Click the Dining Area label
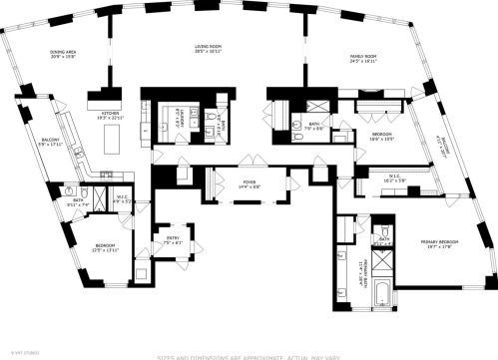[x=64, y=55]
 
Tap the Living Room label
[x=208, y=49]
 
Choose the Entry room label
[x=172, y=240]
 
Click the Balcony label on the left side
[x=50, y=142]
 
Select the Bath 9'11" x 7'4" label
[x=82, y=202]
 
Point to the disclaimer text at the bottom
[x=249, y=355]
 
